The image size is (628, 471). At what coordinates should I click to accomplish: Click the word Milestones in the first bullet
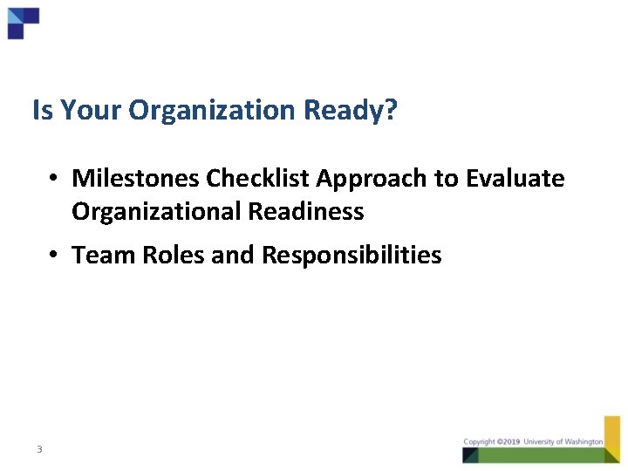(136, 179)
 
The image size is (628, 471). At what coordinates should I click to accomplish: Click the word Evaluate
(515, 179)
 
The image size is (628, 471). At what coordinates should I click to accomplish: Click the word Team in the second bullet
(98, 256)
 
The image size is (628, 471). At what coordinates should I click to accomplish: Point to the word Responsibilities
(352, 256)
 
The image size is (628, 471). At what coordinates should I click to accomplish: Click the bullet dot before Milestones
(54, 180)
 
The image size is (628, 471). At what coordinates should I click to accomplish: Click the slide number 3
(39, 449)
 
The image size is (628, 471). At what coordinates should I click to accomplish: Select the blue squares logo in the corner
(23, 22)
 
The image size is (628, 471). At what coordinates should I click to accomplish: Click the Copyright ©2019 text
(491, 442)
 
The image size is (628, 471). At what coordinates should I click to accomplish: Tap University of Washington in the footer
(563, 442)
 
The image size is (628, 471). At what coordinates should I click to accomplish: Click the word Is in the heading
(41, 111)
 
